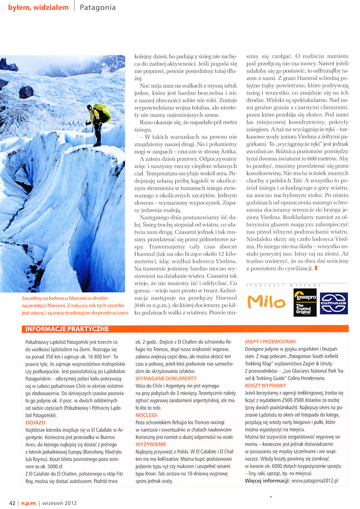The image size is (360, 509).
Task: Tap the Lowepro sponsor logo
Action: pyautogui.click(x=304, y=302)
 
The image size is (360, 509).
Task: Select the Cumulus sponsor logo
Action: pyautogui.click(x=334, y=303)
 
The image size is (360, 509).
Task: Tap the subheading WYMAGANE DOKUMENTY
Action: pyautogui.click(x=165, y=378)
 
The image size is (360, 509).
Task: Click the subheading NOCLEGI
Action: pyautogui.click(x=146, y=415)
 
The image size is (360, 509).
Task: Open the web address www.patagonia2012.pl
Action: pyautogui.click(x=312, y=480)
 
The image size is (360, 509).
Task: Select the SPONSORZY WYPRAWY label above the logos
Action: pyautogui.click(x=285, y=283)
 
